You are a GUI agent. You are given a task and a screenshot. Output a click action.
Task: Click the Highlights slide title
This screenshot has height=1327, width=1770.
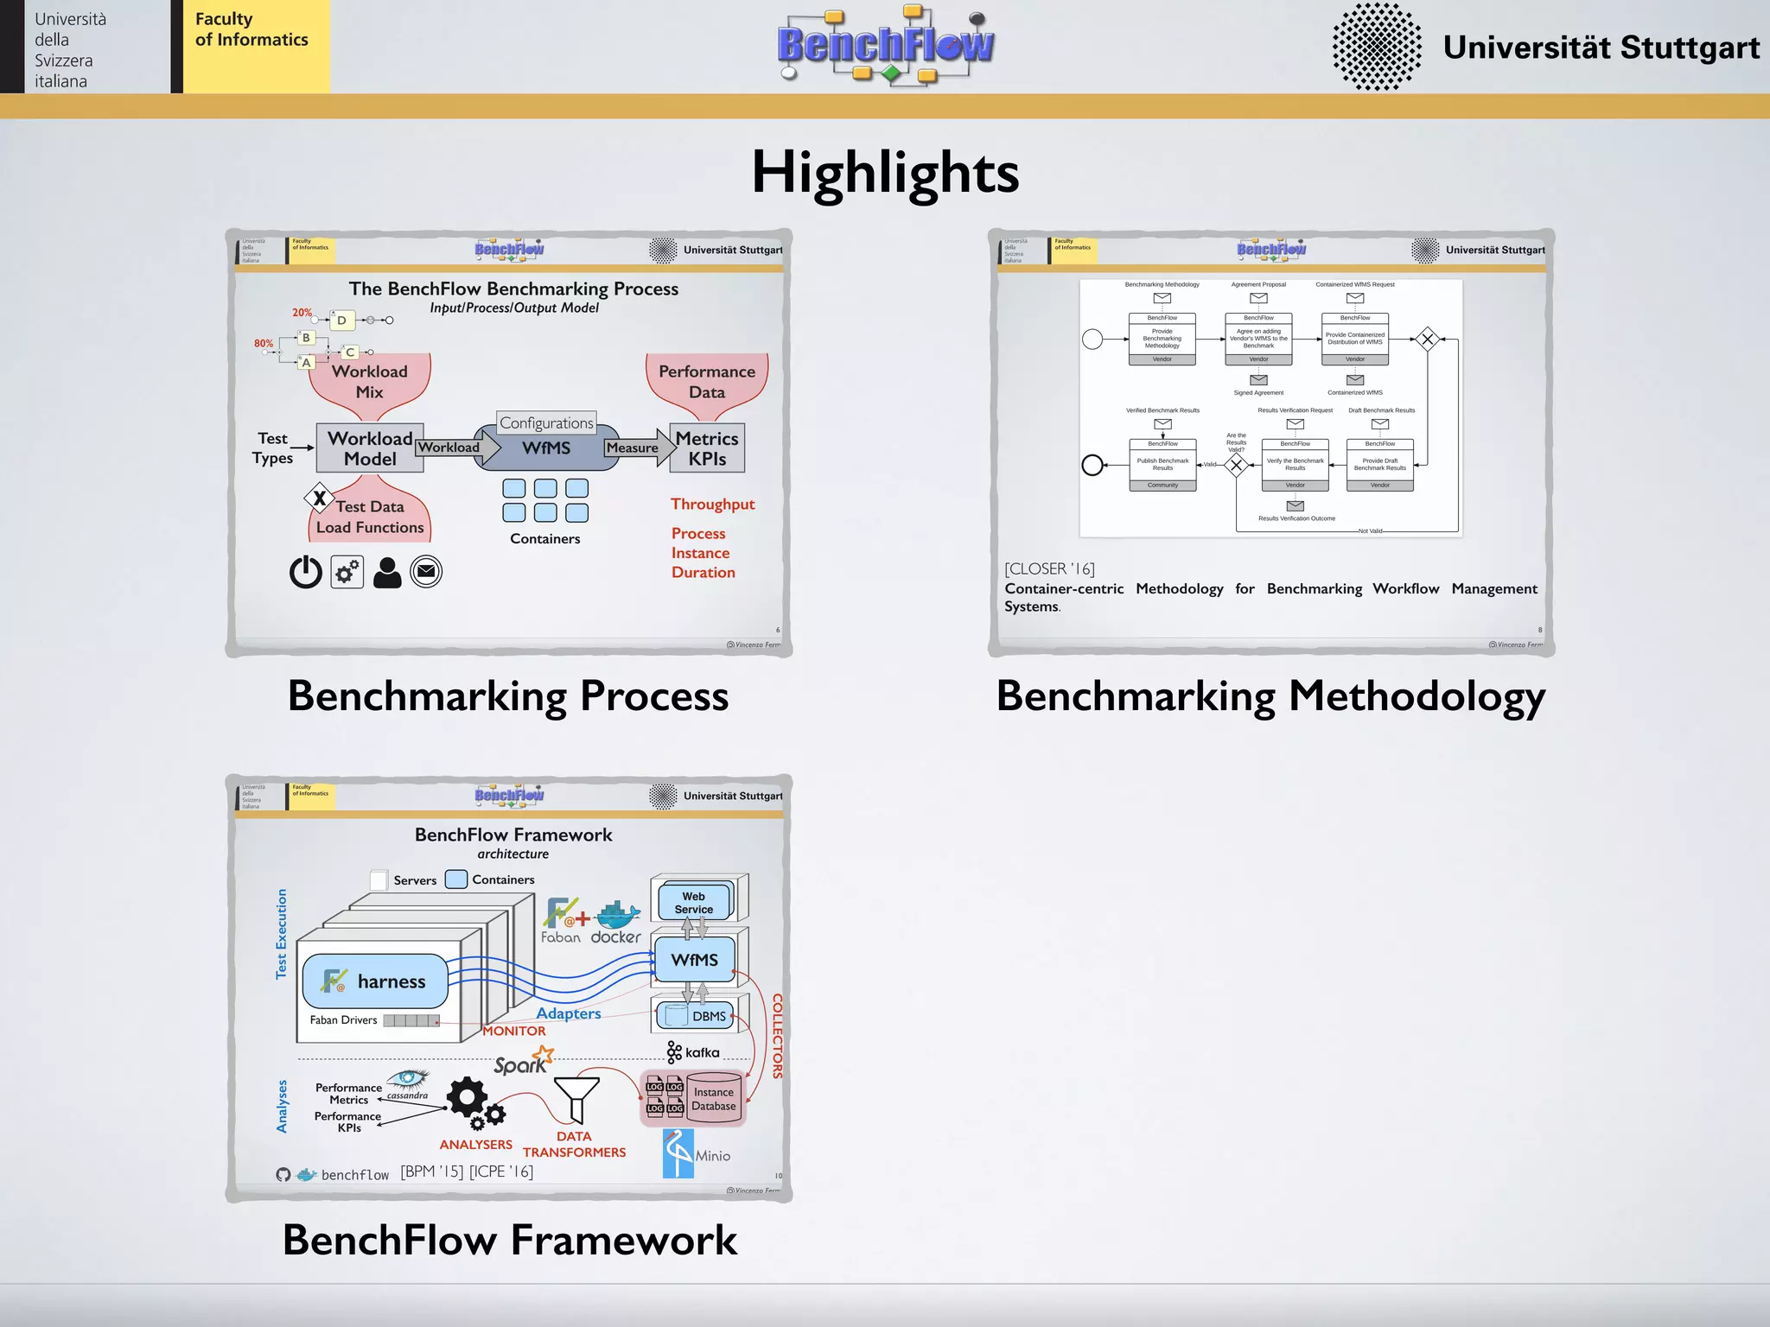pyautogui.click(x=885, y=172)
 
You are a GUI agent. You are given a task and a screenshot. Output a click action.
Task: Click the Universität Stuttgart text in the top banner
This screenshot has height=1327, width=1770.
pyautogui.click(x=1601, y=48)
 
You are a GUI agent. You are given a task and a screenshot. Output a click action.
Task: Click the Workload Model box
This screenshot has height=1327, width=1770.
pyautogui.click(x=370, y=448)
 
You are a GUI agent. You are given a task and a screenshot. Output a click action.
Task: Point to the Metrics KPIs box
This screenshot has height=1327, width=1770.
pyautogui.click(x=707, y=448)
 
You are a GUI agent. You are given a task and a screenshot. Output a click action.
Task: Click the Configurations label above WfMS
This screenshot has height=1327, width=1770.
pyautogui.click(x=546, y=422)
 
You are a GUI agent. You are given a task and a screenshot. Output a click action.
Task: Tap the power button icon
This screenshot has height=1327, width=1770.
pyautogui.click(x=305, y=572)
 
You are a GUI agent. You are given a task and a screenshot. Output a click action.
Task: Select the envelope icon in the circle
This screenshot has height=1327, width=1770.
pyautogui.click(x=426, y=571)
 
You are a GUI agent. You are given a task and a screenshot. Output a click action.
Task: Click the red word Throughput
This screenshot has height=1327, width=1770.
pyautogui.click(x=712, y=504)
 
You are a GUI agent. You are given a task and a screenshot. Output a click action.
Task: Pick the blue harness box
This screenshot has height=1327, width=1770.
pyautogui.click(x=376, y=981)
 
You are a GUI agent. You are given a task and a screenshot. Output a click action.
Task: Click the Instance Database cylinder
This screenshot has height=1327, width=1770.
pyautogui.click(x=714, y=1099)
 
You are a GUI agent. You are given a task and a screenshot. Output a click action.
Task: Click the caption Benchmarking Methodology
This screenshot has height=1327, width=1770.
pyautogui.click(x=1270, y=696)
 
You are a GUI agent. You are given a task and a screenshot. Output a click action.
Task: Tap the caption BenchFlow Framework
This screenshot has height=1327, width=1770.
pyautogui.click(x=510, y=1241)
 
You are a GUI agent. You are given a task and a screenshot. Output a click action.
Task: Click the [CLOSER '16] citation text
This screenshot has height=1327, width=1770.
pyautogui.click(x=1049, y=568)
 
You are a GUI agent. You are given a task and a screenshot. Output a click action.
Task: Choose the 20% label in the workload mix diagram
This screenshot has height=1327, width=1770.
pyautogui.click(x=302, y=313)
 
